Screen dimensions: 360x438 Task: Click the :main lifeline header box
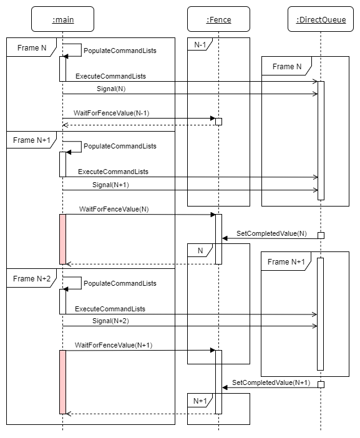pos(62,19)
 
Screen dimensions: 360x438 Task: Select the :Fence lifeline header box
pos(218,19)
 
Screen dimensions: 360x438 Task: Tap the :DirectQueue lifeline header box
pos(321,19)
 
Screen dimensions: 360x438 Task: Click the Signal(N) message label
pos(111,89)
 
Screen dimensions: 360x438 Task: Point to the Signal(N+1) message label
pos(110,185)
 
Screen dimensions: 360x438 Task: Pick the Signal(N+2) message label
pos(110,321)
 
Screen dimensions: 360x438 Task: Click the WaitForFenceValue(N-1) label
pos(112,113)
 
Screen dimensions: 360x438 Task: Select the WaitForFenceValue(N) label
pos(114,209)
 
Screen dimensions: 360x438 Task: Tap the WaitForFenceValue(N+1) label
pos(114,345)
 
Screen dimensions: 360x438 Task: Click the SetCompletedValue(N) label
pos(271,233)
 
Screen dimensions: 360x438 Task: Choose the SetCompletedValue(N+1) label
pos(271,382)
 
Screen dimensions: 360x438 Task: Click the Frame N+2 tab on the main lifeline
pos(32,278)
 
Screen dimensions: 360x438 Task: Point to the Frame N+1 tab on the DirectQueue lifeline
pos(286,261)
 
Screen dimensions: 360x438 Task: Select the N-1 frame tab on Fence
pos(200,44)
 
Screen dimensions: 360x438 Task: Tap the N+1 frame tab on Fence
pos(200,401)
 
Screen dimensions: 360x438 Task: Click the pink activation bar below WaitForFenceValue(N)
pos(62,239)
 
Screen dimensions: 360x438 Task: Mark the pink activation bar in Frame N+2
pos(62,382)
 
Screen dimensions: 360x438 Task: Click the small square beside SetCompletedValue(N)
pos(321,235)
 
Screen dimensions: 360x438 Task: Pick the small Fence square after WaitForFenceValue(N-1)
pos(218,122)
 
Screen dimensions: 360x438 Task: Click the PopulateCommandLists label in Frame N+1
pos(120,146)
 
